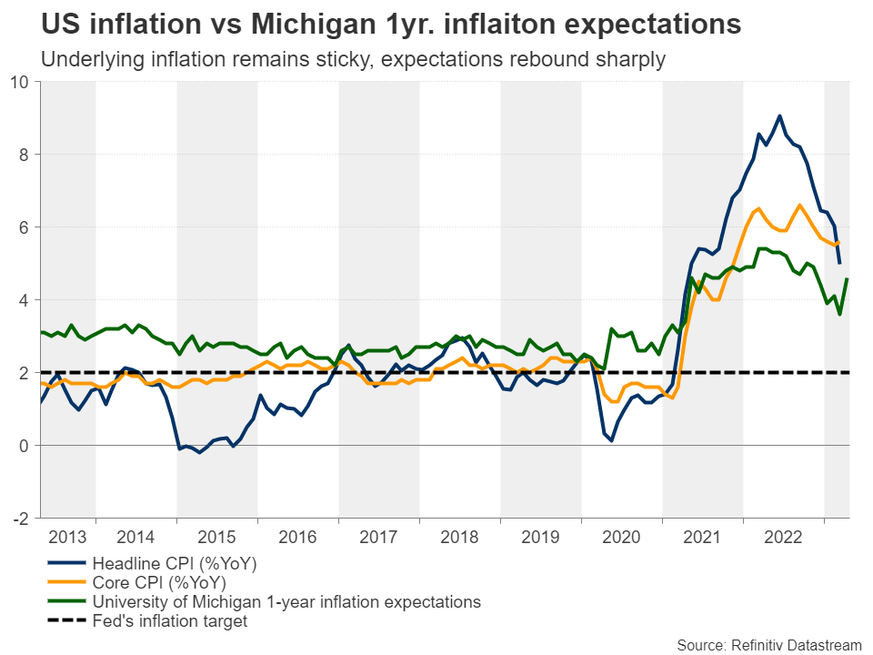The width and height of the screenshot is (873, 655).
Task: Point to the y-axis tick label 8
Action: pyautogui.click(x=25, y=155)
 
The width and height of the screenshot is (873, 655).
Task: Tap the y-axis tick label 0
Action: pyautogui.click(x=25, y=446)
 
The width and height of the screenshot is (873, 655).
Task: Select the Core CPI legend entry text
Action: pyautogui.click(x=158, y=582)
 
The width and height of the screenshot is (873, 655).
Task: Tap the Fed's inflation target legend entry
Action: pyautogui.click(x=169, y=621)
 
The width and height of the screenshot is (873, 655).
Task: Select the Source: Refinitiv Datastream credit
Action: pyautogui.click(x=768, y=644)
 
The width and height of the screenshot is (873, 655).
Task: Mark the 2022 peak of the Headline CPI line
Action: pyautogui.click(x=779, y=116)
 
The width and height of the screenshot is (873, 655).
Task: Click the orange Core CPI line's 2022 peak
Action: pyautogui.click(x=799, y=205)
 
